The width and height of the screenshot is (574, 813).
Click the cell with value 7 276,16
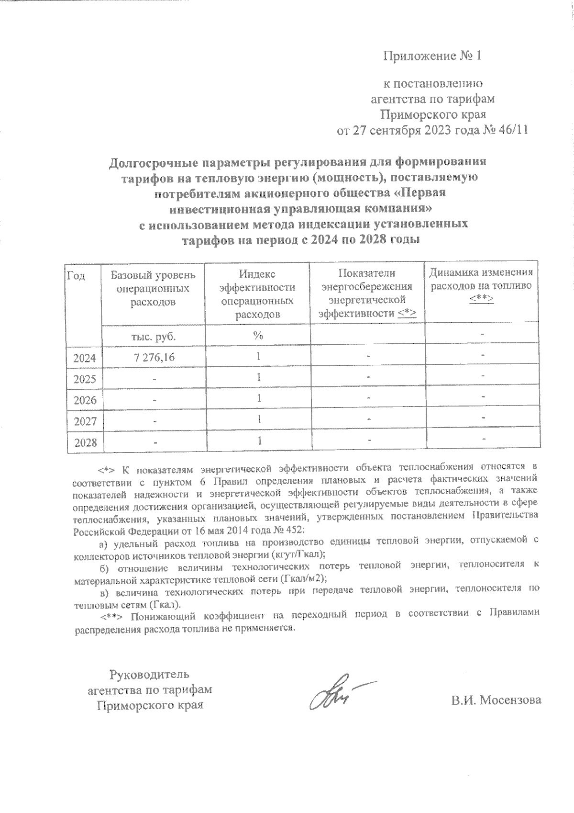(153, 357)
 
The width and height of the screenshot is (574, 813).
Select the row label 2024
(85, 358)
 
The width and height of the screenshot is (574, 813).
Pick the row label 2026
(85, 400)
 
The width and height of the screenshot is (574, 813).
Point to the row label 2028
(85, 443)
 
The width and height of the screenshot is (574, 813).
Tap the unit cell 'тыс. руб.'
(153, 336)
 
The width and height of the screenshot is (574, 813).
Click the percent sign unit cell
(258, 336)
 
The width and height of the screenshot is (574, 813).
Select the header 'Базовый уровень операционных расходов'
(153, 289)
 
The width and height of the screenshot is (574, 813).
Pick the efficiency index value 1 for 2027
(258, 419)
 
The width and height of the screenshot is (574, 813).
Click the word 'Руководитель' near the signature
(150, 675)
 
